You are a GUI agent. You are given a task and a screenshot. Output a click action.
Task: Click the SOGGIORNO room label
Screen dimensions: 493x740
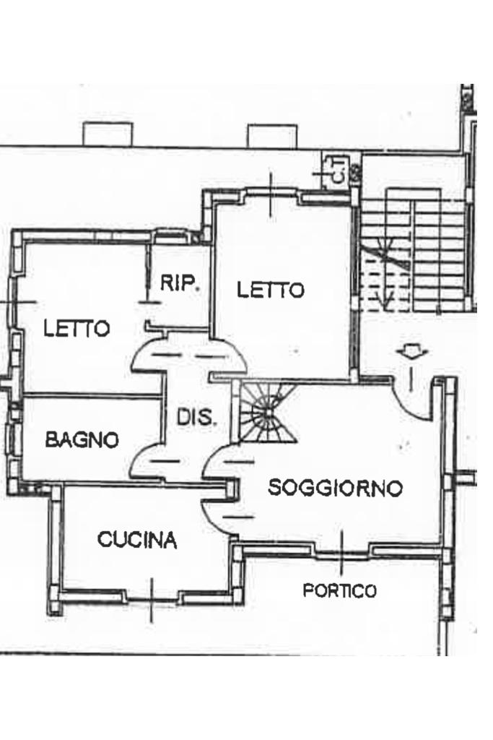(335, 489)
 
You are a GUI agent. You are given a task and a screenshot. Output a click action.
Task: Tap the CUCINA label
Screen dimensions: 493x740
(137, 540)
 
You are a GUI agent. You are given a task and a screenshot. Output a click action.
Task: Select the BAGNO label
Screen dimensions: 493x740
(82, 439)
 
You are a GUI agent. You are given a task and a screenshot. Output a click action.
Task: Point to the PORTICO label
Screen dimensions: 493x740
(339, 591)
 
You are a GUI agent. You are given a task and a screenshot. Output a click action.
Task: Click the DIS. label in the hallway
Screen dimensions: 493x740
(196, 418)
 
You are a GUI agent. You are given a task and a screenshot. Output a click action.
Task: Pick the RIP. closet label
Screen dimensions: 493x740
(180, 283)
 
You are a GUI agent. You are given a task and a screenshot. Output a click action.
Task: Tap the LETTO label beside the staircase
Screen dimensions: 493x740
(271, 291)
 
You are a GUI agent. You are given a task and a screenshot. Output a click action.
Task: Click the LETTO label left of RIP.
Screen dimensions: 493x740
(77, 329)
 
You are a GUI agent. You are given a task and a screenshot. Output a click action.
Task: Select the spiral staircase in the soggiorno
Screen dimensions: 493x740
(267, 413)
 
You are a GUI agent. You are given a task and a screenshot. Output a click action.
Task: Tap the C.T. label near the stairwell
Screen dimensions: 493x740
(335, 171)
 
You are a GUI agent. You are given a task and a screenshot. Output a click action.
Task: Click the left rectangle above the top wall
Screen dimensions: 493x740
(108, 134)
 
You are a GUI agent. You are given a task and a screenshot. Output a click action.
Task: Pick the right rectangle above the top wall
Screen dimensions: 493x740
(272, 136)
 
